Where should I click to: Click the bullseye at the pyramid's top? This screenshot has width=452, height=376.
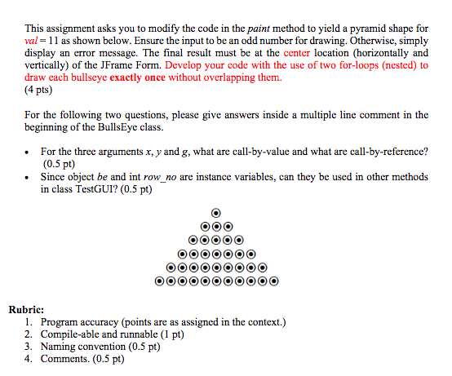point(216,213)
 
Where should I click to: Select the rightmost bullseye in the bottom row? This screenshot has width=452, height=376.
point(273,282)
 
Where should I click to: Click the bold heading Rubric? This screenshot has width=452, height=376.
point(30,310)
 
